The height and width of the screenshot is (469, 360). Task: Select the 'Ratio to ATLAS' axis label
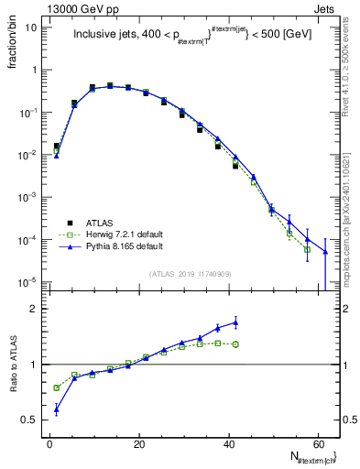pos(12,365)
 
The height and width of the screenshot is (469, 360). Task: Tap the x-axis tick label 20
pos(139,442)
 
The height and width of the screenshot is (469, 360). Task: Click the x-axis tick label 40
pos(228,442)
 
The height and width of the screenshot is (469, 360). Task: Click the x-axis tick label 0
pos(49,442)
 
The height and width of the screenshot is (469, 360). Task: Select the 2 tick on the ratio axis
pos(34,309)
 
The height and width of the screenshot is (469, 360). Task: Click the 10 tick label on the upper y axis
pos(30,27)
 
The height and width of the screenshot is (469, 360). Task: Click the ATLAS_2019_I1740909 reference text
pos(190,274)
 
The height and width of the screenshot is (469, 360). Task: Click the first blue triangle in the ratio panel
pos(57,409)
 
